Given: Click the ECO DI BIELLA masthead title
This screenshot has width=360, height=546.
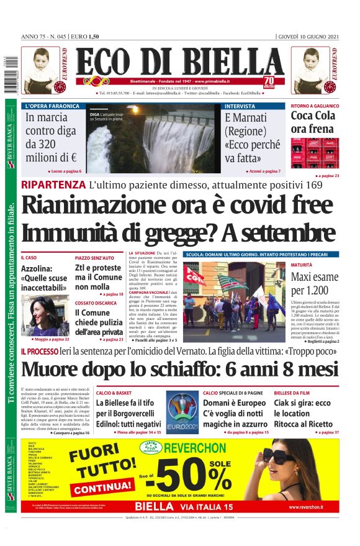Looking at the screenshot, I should (179, 61).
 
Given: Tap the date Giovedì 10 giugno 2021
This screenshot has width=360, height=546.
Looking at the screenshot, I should (308, 36).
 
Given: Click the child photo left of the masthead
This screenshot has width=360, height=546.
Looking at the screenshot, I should (42, 70).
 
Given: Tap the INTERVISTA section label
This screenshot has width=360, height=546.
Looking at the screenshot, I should (240, 106).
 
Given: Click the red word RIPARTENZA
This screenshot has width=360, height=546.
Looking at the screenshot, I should (53, 184).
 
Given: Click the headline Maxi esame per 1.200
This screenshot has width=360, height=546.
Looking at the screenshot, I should (315, 283).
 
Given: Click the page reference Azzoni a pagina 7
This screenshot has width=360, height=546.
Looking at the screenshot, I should (263, 171).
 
